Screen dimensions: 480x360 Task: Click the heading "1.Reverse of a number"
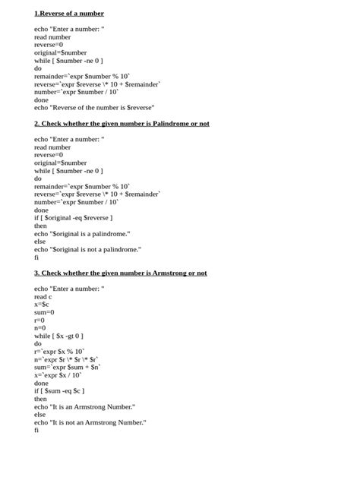click(x=69, y=14)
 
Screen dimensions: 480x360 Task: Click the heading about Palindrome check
click(x=122, y=123)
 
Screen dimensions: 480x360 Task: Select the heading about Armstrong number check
click(x=120, y=273)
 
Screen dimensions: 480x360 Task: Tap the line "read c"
click(x=44, y=296)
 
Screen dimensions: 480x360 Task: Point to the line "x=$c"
click(x=42, y=304)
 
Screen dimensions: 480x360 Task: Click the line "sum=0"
click(x=44, y=312)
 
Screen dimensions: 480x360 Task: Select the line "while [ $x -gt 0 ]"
click(x=58, y=336)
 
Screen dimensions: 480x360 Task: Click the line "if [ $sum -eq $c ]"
click(x=59, y=391)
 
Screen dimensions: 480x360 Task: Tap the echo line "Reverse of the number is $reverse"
click(x=94, y=107)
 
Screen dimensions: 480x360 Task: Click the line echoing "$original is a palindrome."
click(x=82, y=233)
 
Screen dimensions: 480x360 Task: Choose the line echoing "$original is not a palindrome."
click(x=87, y=249)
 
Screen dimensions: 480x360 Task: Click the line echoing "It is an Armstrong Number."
click(x=85, y=407)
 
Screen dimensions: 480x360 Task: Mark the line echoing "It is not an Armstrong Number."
click(x=90, y=422)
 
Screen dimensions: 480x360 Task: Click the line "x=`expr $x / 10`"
click(x=58, y=375)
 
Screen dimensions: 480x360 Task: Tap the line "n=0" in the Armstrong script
click(x=40, y=328)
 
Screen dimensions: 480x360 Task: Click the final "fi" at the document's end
click(x=36, y=431)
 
